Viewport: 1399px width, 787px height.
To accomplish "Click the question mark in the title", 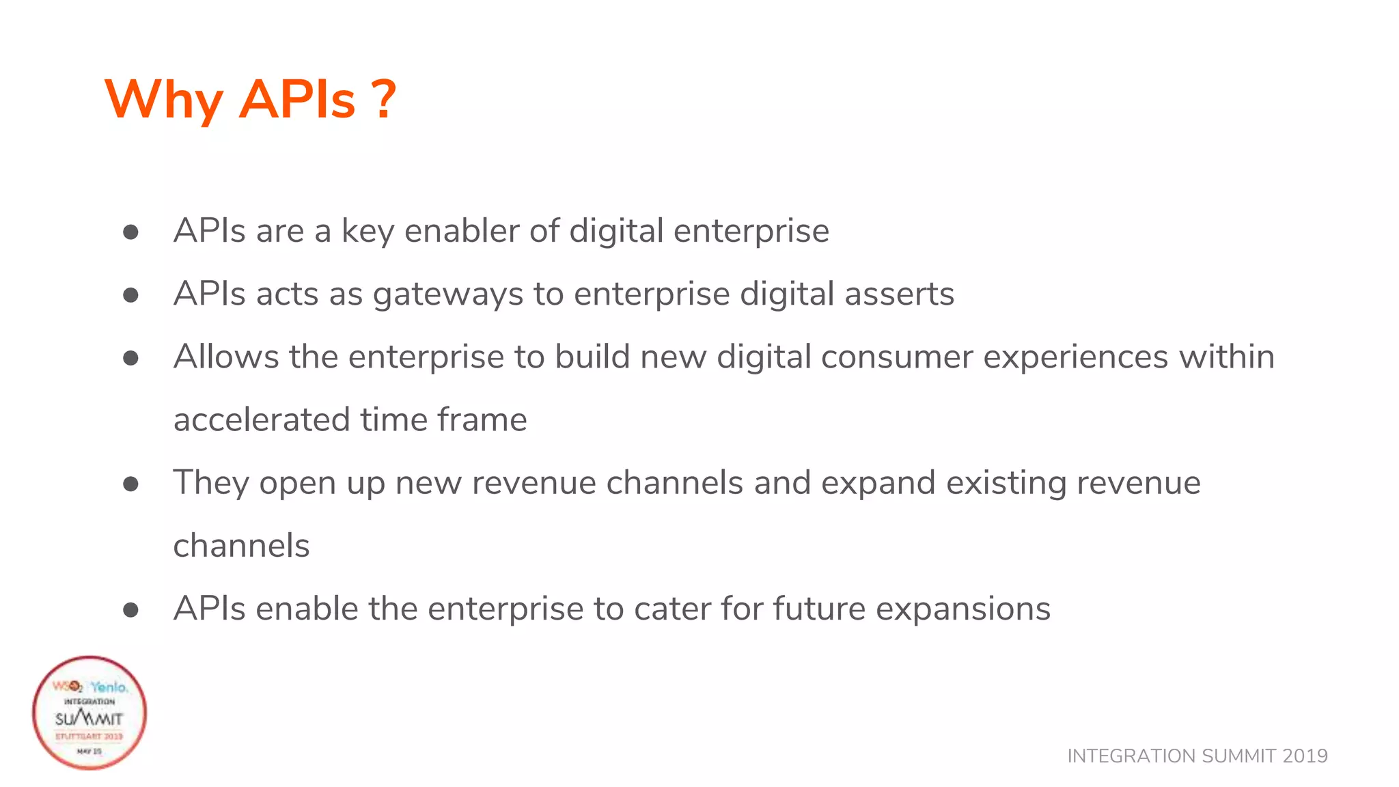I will click(x=385, y=100).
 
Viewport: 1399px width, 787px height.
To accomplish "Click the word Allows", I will click(x=226, y=357).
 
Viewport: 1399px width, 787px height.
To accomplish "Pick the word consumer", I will click(x=896, y=357).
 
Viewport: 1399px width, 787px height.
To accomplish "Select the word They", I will click(x=211, y=482).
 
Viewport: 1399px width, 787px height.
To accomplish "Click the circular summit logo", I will click(x=89, y=713).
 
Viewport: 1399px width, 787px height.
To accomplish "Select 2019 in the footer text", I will click(x=1305, y=756).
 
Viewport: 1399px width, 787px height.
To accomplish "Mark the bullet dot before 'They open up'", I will click(x=130, y=484).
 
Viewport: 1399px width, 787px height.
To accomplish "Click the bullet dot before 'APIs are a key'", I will click(x=130, y=232).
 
